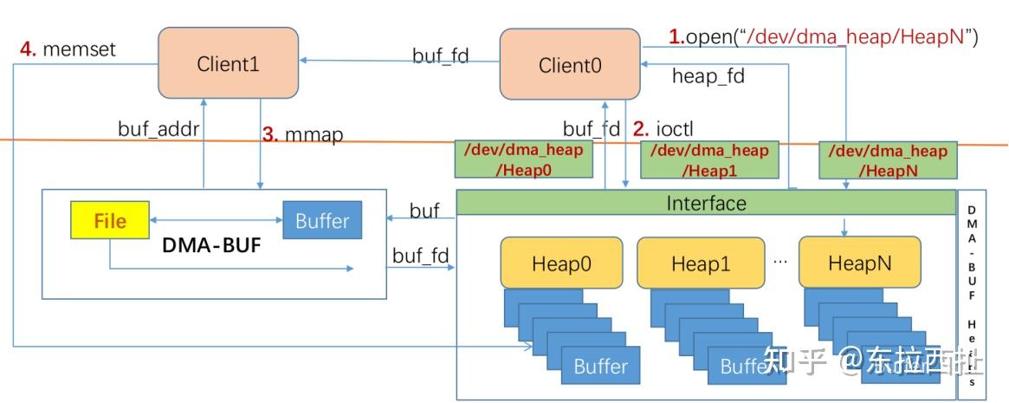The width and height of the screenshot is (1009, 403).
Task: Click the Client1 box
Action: [x=228, y=62]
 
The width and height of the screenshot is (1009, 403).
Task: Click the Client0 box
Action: [x=570, y=64]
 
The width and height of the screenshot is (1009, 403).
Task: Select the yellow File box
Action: [x=110, y=221]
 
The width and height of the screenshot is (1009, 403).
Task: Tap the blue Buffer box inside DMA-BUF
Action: [x=322, y=221]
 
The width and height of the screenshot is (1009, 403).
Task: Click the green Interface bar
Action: [x=706, y=203]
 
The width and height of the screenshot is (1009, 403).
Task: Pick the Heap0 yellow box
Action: [x=561, y=263]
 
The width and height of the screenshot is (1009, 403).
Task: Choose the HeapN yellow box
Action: [x=858, y=263]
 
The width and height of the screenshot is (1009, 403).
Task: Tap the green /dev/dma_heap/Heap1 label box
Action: [x=703, y=159]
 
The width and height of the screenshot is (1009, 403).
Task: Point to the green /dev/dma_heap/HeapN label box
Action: [x=888, y=159]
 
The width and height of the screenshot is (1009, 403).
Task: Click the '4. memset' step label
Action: [x=68, y=49]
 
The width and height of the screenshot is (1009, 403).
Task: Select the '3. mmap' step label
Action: [x=303, y=135]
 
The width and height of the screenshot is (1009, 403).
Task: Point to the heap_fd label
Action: [x=708, y=76]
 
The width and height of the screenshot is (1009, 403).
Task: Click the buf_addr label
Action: [x=158, y=130]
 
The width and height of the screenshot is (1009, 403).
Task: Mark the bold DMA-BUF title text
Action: [x=212, y=246]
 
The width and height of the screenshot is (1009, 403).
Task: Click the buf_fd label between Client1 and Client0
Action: [x=440, y=56]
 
